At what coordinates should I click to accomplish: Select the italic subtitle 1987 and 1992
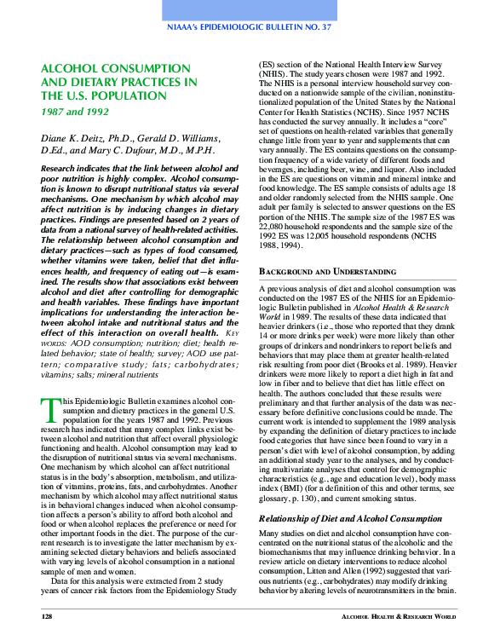coord(75,112)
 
